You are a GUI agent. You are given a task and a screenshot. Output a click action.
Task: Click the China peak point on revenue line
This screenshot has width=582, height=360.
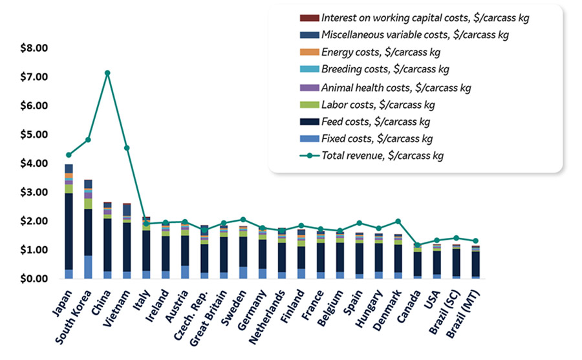coord(107,73)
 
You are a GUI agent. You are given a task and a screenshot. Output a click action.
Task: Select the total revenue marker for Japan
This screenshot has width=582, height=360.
coord(69,155)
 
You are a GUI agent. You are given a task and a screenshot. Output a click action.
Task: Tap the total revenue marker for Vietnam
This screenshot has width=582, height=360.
coord(127,148)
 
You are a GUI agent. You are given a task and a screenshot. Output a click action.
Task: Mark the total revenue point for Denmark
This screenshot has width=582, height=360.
coord(398,222)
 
